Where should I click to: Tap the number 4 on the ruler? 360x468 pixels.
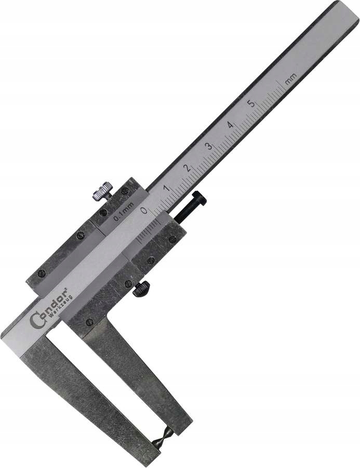point(230,125)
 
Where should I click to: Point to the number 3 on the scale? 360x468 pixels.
point(208,146)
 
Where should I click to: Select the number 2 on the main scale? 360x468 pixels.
point(187,168)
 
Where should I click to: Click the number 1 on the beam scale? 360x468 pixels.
point(166,189)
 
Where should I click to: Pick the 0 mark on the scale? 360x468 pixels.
point(144,210)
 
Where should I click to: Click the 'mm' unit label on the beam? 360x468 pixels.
point(290,79)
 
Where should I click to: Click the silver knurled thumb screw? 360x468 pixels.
point(103,191)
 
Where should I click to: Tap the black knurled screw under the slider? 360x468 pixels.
point(141,288)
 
